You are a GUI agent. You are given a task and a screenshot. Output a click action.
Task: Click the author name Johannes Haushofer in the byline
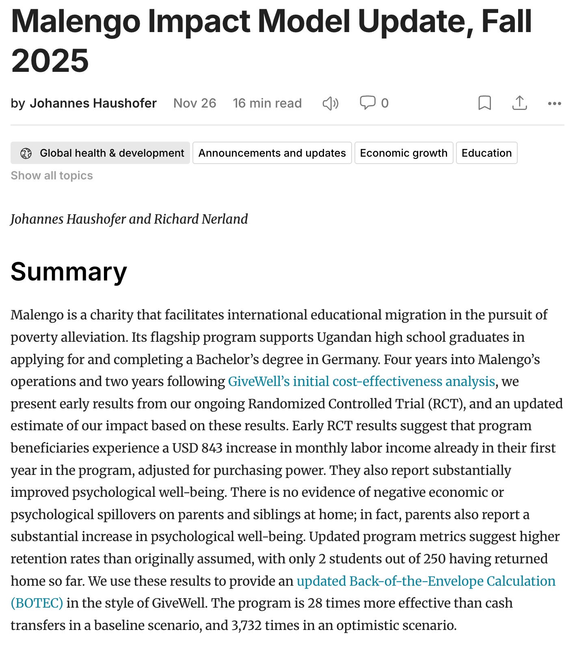tap(93, 103)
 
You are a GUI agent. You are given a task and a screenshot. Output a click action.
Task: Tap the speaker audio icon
tap(331, 104)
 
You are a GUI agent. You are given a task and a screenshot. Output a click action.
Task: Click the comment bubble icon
tap(367, 103)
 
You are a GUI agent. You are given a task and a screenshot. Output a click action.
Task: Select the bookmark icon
tap(484, 103)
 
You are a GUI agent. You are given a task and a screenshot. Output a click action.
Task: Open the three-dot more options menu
tap(554, 104)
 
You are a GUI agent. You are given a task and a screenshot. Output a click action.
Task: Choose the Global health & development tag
tap(100, 153)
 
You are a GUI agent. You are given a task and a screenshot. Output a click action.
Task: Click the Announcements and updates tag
tap(272, 153)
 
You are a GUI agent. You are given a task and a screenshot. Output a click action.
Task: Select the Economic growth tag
tap(404, 153)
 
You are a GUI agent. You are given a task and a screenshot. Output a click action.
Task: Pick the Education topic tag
tap(486, 153)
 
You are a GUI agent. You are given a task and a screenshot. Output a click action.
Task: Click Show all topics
tap(52, 175)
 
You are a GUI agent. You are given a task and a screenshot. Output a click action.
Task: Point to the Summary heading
tap(69, 272)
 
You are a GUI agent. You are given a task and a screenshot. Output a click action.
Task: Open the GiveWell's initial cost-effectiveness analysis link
tap(361, 382)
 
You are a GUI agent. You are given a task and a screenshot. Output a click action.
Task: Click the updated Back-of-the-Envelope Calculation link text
tap(426, 581)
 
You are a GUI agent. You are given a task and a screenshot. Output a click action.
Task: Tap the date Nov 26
tap(195, 103)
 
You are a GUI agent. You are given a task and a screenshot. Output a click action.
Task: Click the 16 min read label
tap(267, 103)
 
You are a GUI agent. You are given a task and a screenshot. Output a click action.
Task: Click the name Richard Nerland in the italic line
tap(201, 219)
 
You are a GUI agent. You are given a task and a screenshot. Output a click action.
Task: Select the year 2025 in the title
tap(50, 61)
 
